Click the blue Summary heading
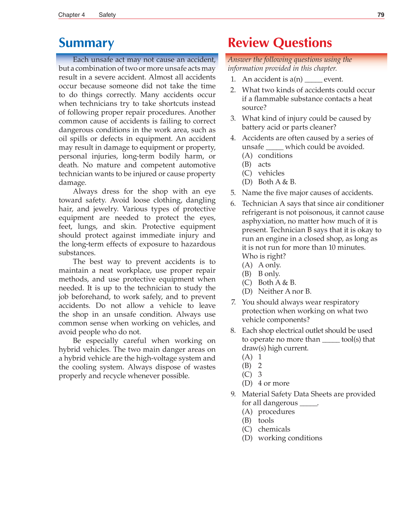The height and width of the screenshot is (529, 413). (86, 43)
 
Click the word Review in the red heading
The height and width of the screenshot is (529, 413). (248, 43)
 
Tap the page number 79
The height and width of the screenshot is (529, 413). (380, 15)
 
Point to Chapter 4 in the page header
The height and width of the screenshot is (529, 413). (71, 15)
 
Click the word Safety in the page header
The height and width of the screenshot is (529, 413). (107, 15)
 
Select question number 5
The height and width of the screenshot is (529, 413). (233, 193)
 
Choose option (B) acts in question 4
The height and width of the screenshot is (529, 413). (264, 165)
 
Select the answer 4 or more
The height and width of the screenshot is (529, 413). (273, 383)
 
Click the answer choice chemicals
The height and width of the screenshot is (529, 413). (274, 429)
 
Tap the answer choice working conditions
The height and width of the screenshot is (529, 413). (290, 438)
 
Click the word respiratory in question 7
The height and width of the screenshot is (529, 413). (340, 302)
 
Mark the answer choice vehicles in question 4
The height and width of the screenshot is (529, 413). (271, 173)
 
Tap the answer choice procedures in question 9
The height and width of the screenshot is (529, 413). (276, 412)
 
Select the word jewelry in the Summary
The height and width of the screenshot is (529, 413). (105, 209)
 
